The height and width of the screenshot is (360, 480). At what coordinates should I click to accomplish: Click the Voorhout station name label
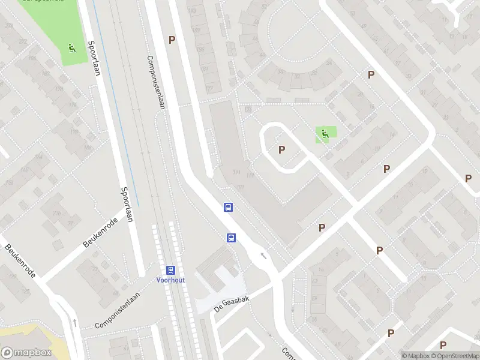point(170,280)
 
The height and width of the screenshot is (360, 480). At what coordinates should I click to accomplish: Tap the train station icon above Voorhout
point(170,271)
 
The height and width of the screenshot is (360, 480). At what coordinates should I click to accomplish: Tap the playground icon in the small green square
point(325,134)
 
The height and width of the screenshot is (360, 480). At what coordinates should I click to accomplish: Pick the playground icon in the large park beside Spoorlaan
point(72,48)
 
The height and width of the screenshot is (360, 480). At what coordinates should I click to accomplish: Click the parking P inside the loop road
point(281,149)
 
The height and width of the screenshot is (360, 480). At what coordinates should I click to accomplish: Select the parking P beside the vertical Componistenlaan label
point(172,40)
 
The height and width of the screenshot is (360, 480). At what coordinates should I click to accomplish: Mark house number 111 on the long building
point(236,173)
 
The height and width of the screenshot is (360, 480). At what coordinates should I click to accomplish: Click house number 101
point(241,187)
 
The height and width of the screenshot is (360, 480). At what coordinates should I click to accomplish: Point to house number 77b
point(58,214)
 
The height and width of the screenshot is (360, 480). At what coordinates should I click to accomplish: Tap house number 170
point(74,131)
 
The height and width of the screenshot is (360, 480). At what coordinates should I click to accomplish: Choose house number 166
point(88,147)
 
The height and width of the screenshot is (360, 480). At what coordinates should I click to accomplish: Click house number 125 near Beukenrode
point(26,291)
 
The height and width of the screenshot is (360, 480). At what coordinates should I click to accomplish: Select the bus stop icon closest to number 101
point(229,207)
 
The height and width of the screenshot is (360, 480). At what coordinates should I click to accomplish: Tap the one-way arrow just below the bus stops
point(263,256)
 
